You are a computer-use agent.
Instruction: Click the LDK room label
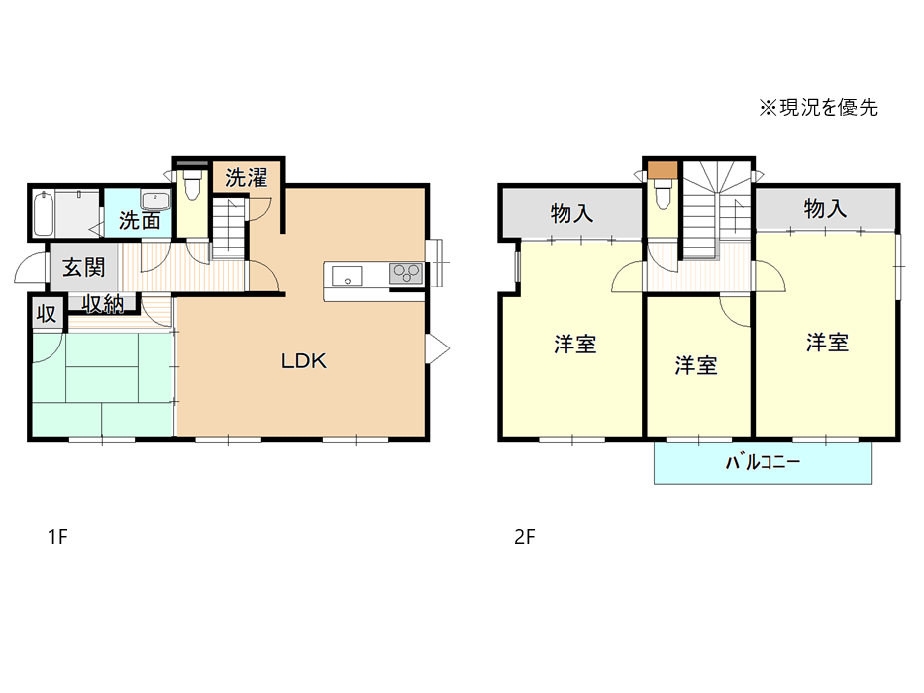pos(304,360)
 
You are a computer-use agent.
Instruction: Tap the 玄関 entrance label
pos(84,268)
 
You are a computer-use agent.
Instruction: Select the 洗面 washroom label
pos(140,220)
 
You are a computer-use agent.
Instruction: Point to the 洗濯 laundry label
pos(247,178)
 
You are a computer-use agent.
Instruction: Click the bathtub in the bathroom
pos(43,213)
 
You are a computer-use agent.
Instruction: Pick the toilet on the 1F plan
pos(193,186)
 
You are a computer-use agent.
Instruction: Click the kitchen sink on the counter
pos(347,276)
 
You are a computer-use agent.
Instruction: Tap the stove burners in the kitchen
pos(406,273)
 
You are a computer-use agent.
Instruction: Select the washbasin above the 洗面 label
pos(155,200)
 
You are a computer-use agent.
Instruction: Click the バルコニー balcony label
pos(763,462)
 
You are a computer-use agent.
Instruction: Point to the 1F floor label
pos(57,537)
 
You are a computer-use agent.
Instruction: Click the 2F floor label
pos(525,537)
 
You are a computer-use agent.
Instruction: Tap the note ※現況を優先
pos(818,108)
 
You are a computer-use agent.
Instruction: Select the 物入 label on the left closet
pos(571,213)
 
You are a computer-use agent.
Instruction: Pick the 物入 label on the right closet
pos(825,209)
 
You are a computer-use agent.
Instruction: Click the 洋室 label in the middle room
pos(696,366)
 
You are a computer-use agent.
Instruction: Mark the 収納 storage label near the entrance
pos(103,304)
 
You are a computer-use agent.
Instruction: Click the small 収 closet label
pos(47,314)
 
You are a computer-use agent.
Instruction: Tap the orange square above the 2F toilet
pos(663,169)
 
